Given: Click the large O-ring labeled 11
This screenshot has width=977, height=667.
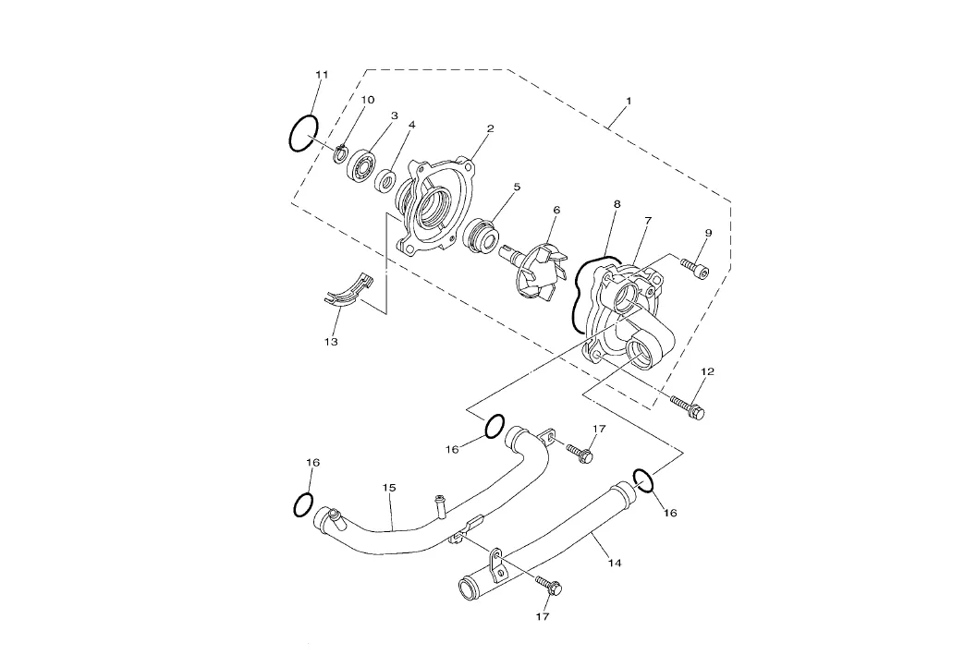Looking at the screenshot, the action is [x=291, y=134].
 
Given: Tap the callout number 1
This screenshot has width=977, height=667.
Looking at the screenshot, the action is [x=629, y=101].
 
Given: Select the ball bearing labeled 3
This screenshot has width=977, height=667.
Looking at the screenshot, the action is [x=363, y=166].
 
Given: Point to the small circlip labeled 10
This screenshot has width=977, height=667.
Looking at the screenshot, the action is [x=340, y=152].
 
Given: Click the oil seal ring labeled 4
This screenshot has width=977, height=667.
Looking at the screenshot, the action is [x=386, y=181].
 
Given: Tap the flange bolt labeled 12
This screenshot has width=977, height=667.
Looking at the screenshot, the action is [x=688, y=406].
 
